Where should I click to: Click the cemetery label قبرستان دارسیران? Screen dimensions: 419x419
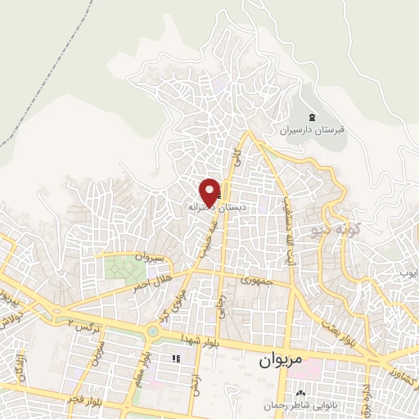pos(314,129)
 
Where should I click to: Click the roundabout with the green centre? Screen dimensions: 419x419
pos(152,332)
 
